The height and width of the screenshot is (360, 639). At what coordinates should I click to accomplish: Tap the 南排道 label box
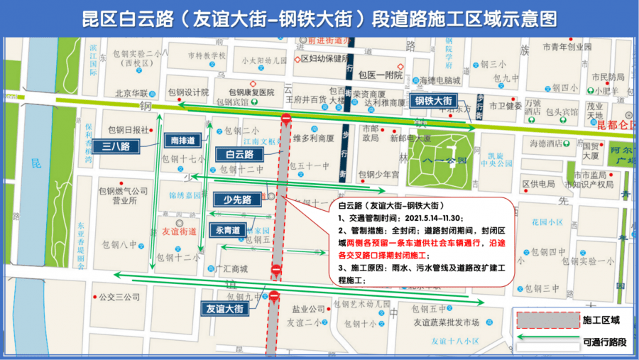(x=182, y=139)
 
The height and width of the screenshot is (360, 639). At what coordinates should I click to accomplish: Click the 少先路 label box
(x=238, y=200)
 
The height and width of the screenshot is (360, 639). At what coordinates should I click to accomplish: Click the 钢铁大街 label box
(x=433, y=101)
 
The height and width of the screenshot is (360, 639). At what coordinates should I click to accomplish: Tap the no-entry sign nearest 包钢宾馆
(x=285, y=119)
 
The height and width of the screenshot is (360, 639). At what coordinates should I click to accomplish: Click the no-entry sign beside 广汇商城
(x=275, y=270)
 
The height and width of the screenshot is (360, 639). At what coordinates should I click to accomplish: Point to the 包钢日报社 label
(x=128, y=130)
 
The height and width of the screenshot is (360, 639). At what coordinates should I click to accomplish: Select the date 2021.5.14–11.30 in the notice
(x=425, y=218)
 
